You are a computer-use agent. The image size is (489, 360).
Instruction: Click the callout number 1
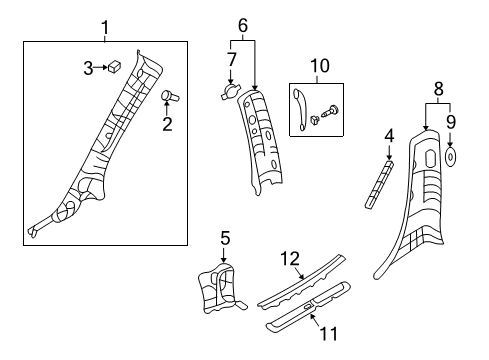click(105, 28)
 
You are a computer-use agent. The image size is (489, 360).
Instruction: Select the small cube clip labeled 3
click(114, 66)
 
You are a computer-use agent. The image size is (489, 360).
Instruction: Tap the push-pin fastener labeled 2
click(170, 96)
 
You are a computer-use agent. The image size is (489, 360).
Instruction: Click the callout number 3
click(88, 68)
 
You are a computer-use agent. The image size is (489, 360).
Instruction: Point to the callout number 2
click(167, 124)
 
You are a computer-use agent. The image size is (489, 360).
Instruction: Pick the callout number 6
click(243, 25)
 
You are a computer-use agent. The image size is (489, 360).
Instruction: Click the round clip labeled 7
click(230, 91)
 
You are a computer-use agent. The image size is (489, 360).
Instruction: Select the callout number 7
click(232, 60)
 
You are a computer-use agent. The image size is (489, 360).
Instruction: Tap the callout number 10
click(320, 66)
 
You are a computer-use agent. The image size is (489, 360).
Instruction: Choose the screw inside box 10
click(330, 111)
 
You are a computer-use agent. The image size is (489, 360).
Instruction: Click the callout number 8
click(439, 89)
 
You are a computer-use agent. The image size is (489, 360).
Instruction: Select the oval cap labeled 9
click(451, 157)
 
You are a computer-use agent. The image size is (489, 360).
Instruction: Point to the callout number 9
click(451, 122)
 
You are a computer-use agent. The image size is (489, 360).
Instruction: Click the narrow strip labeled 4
click(379, 185)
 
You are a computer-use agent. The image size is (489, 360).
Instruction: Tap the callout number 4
click(389, 136)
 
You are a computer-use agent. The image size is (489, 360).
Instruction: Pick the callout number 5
click(225, 238)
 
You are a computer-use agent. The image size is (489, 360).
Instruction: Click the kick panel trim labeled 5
click(221, 288)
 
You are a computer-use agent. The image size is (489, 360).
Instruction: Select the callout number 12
click(290, 259)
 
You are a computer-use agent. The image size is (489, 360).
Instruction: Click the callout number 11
click(329, 334)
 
